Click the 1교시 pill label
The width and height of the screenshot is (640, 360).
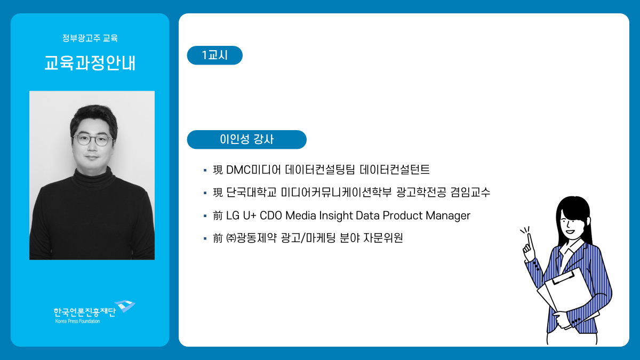pos(214,55)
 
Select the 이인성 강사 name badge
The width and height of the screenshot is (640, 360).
pos(246,139)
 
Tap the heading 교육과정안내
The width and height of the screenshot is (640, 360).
pos(90,62)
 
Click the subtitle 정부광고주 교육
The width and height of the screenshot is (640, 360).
pos(90,38)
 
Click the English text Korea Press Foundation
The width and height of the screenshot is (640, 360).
pos(77,321)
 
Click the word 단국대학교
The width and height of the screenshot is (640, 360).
pos(251,192)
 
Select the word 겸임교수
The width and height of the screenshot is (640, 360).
pos(470,192)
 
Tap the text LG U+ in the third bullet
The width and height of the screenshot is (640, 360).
pos(241,215)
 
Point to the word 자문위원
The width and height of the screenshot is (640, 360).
pos(383,238)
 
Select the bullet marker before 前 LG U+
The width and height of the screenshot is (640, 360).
pos(205,215)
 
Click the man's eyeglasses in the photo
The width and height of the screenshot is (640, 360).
pos(93,140)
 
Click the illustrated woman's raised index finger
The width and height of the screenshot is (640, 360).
pos(530,242)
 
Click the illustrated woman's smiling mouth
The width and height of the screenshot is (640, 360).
pos(570,231)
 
